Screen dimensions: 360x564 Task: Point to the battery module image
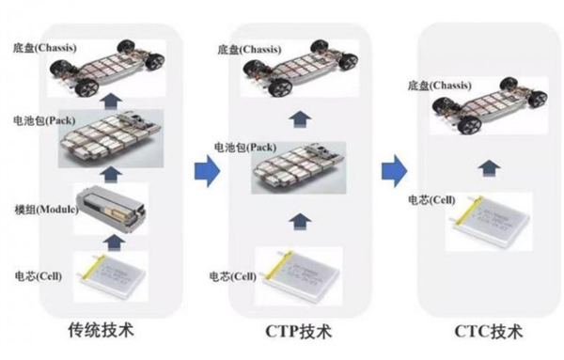111,206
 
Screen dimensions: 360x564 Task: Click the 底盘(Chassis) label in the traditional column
44,46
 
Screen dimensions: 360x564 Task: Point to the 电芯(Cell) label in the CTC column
431,199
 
